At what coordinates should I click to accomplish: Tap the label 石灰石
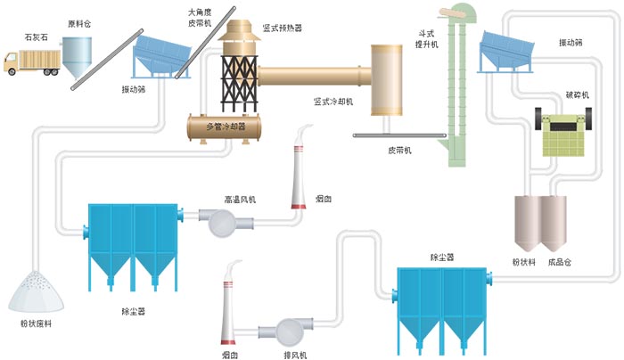click(37, 38)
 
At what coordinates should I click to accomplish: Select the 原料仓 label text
click(79, 24)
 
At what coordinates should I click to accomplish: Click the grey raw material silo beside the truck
click(79, 61)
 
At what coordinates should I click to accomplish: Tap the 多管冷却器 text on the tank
click(226, 127)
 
